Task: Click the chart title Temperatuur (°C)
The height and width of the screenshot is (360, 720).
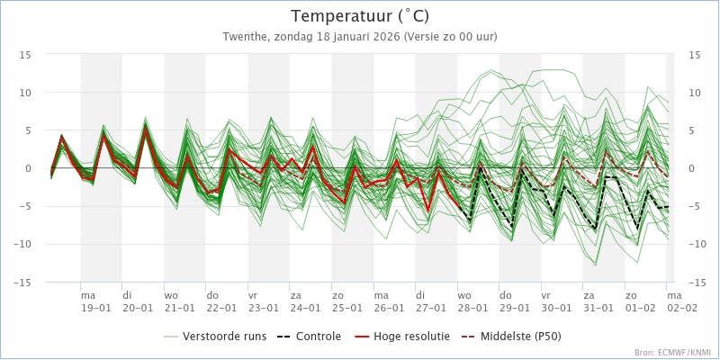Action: pos(360,16)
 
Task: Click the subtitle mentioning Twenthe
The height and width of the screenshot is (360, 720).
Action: pos(360,37)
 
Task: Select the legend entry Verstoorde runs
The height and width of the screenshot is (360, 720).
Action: pos(224,337)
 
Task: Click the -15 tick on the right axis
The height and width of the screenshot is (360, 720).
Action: pos(694,283)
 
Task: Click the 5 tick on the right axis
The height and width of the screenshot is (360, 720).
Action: pos(691,130)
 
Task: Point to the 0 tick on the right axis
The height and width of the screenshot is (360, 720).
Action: pos(691,168)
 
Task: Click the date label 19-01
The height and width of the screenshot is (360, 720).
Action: pos(95,308)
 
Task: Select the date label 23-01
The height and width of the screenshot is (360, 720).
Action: pos(263,308)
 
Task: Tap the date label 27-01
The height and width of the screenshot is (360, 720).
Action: pos(430,308)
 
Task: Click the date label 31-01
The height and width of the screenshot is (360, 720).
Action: pos(598,308)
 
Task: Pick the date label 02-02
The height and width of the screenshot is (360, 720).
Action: pos(681,308)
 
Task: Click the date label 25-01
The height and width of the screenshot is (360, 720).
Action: pos(346,308)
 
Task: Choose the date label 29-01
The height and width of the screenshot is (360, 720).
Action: pos(514,308)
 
